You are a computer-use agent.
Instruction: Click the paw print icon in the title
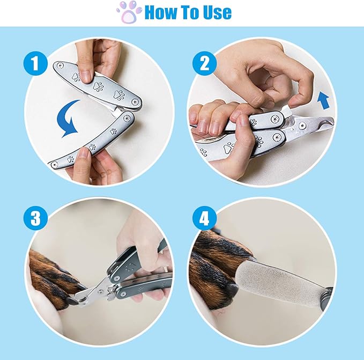coord(129,12)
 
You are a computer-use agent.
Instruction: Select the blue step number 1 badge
coord(36,65)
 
